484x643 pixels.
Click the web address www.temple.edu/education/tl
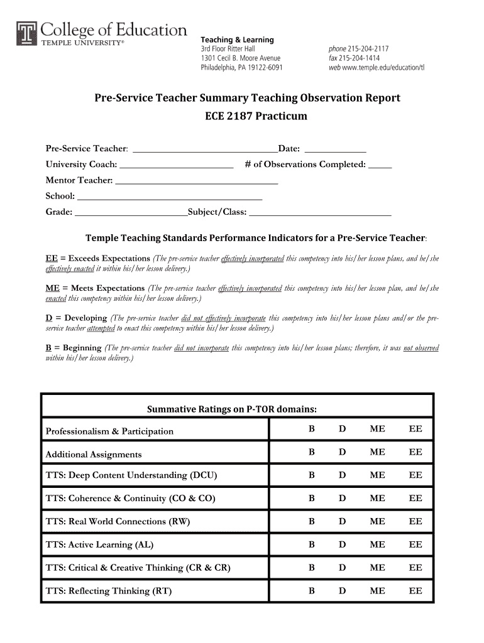pyautogui.click(x=384, y=67)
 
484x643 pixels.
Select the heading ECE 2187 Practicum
pyautogui.click(x=247, y=116)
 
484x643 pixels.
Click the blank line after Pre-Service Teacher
pyautogui.click(x=206, y=149)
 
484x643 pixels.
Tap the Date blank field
pyautogui.click(x=334, y=149)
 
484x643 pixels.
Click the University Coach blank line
pyautogui.click(x=176, y=165)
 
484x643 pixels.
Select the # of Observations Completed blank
pyautogui.click(x=380, y=165)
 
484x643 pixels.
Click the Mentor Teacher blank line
pyautogui.click(x=197, y=181)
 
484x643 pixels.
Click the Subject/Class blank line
pyautogui.click(x=320, y=213)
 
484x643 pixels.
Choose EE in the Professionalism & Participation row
pyautogui.click(x=415, y=429)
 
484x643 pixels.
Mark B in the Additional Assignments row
pyautogui.click(x=311, y=452)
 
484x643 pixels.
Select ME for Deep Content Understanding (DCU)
pyautogui.click(x=377, y=475)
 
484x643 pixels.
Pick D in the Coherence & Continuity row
pyautogui.click(x=343, y=499)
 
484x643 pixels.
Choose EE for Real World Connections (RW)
pyautogui.click(x=415, y=522)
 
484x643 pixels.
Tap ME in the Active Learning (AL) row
pyautogui.click(x=377, y=545)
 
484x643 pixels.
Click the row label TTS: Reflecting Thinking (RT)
pyautogui.click(x=109, y=591)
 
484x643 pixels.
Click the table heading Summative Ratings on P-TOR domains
pyautogui.click(x=231, y=409)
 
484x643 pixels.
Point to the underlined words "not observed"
pyautogui.click(x=421, y=348)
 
